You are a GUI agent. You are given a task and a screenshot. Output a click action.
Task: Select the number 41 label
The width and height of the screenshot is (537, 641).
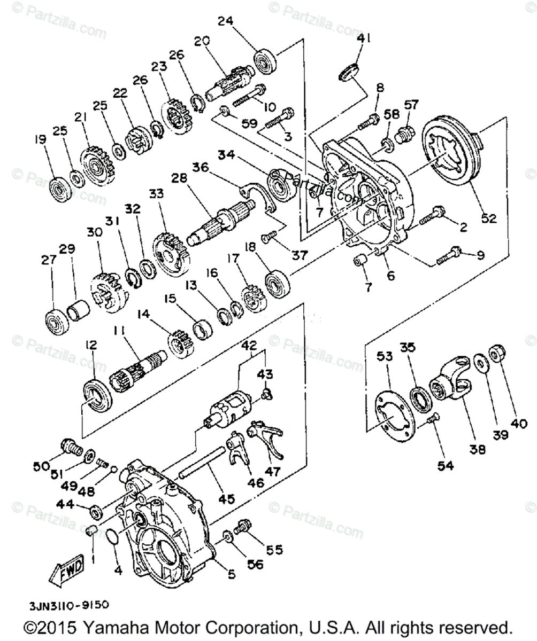click(364, 38)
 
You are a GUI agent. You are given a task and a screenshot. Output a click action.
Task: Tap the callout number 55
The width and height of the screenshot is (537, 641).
click(276, 549)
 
